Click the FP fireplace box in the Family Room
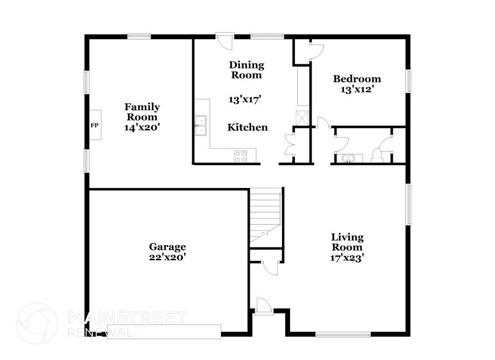(x=95, y=125)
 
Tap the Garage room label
(x=167, y=247)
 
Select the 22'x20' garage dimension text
(x=167, y=258)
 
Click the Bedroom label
(x=357, y=79)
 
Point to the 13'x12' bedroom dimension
(x=357, y=89)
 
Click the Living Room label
(x=347, y=242)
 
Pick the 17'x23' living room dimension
(x=347, y=258)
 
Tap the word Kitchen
(x=247, y=127)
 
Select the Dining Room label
(x=246, y=70)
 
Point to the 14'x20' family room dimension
(x=142, y=127)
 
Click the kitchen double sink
(x=201, y=125)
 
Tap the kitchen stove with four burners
(x=241, y=156)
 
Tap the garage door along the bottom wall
(x=164, y=331)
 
